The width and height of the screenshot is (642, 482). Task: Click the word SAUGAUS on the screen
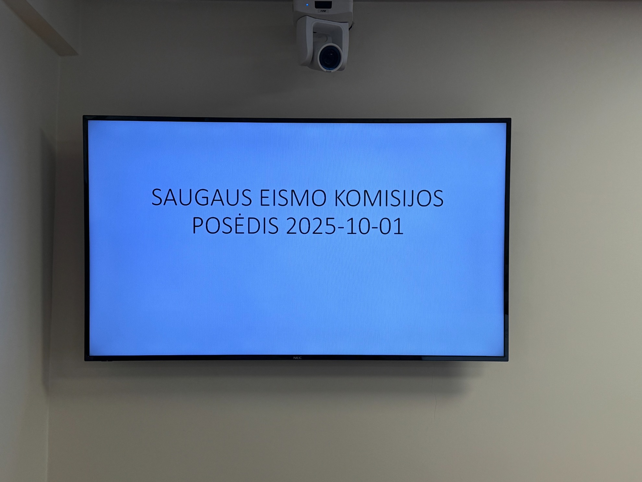(x=201, y=197)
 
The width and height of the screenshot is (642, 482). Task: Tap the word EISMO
(x=293, y=198)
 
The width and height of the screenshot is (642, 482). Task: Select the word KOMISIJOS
(x=389, y=198)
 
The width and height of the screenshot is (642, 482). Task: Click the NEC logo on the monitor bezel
(x=297, y=358)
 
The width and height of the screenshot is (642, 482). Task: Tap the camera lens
(x=330, y=57)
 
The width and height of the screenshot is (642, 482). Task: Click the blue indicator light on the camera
(x=307, y=5)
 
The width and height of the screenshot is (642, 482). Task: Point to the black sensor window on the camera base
(x=323, y=5)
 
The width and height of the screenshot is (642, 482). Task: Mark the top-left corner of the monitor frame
(x=83, y=116)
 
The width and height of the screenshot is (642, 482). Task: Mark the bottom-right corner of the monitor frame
(x=508, y=361)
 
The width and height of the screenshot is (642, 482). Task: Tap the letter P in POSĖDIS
(x=199, y=226)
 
